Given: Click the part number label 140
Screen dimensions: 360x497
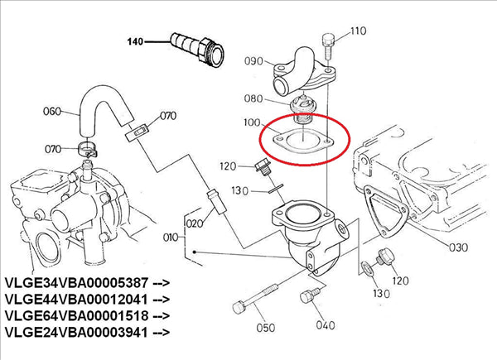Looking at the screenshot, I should pos(134,40).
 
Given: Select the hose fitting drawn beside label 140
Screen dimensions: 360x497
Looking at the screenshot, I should pos(195,47).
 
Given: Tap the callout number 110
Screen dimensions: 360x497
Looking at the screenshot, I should pos(357,32).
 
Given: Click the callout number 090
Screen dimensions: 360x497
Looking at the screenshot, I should pos(255,62).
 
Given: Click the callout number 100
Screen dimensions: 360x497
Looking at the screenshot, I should pos(248,125).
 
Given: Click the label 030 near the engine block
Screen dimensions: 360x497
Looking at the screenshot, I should pos(458,247).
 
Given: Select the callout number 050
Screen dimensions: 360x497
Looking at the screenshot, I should pos(265,328).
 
